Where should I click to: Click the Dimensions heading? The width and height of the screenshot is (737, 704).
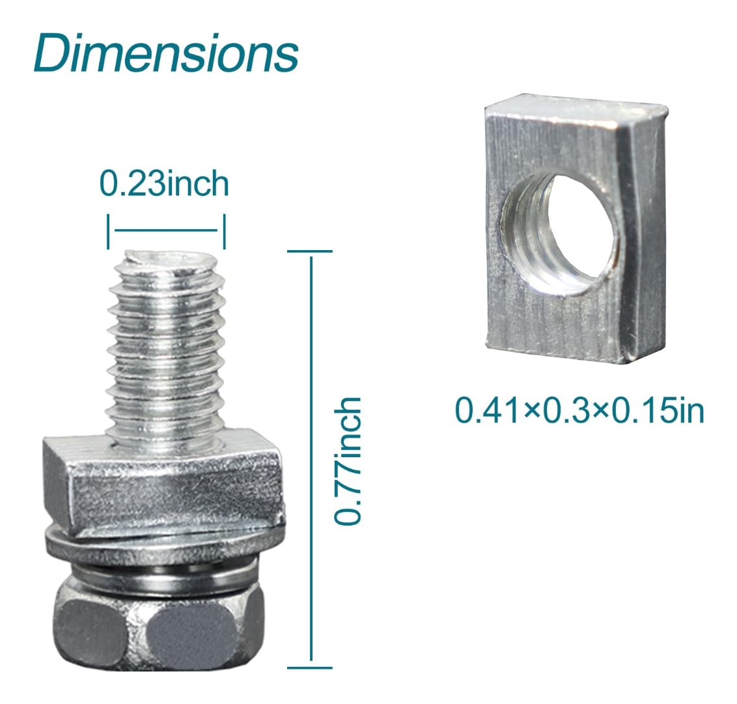pyautogui.click(x=165, y=54)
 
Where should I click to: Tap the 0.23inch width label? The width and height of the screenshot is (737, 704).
pyautogui.click(x=164, y=184)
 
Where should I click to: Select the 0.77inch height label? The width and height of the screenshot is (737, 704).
pyautogui.click(x=347, y=461)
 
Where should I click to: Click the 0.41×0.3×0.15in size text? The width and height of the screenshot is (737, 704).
pyautogui.click(x=579, y=411)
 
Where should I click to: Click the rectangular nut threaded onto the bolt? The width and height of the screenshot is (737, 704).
pyautogui.click(x=163, y=479)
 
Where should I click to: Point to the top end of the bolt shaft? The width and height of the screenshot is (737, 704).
pyautogui.click(x=167, y=261)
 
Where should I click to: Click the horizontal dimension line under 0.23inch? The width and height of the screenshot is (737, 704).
pyautogui.click(x=166, y=231)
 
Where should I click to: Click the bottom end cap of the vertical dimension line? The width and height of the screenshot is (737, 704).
pyautogui.click(x=310, y=667)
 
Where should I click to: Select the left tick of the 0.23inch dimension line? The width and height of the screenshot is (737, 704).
pyautogui.click(x=109, y=232)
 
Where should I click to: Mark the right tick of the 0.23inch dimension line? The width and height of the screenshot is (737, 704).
pyautogui.click(x=224, y=232)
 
